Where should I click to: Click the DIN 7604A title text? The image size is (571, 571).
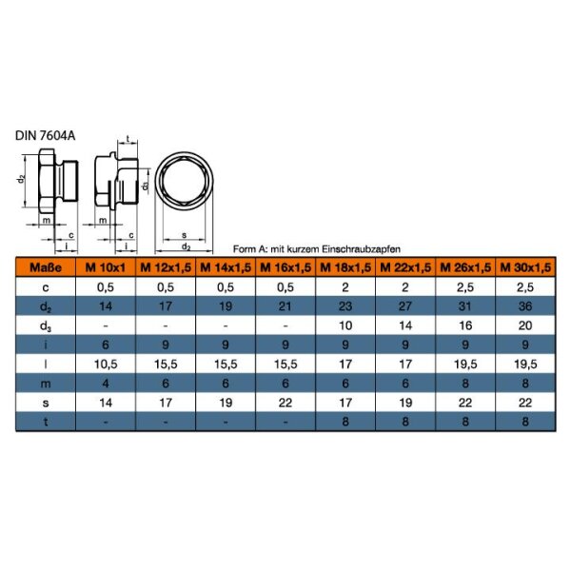45,135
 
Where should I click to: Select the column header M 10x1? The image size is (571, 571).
106,267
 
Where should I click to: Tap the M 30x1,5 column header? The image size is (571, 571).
525,267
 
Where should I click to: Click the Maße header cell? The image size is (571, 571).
46,267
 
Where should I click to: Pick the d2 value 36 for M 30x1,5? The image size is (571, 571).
525,306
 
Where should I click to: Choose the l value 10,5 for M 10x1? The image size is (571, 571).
106,364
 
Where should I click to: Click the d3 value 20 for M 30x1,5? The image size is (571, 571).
525,325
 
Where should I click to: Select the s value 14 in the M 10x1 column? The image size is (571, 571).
106,403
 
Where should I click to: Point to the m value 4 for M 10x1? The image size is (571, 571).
106,384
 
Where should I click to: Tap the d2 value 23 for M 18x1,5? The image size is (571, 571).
345,306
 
